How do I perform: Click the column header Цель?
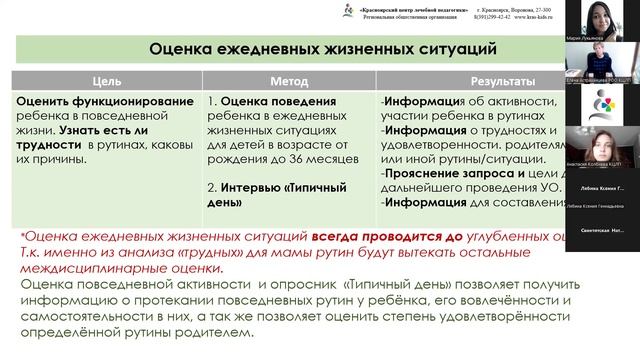point(107,81)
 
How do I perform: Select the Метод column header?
point(289,81)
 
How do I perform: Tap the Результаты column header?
point(469,81)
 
